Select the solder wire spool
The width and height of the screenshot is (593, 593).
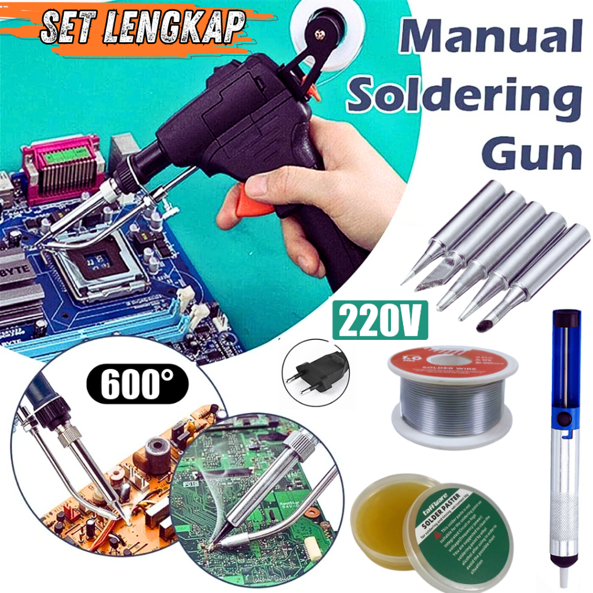[452, 400]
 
